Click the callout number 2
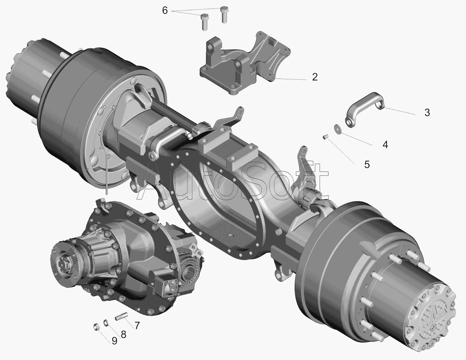pyautogui.click(x=315, y=77)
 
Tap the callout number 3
pyautogui.click(x=427, y=112)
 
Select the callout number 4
pyautogui.click(x=385, y=145)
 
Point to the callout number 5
pyautogui.click(x=367, y=164)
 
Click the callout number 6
pyautogui.click(x=165, y=10)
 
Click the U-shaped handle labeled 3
pyautogui.click(x=364, y=110)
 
